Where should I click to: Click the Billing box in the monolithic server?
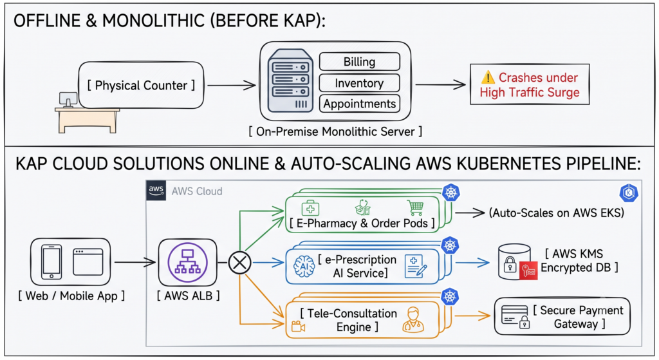pos(359,61)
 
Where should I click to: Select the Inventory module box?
pos(359,83)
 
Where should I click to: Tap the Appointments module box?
pos(359,104)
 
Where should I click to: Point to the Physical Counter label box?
pos(141,86)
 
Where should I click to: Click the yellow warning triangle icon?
pos(488,77)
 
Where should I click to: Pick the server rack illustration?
pos(290,81)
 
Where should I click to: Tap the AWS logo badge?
pos(156,191)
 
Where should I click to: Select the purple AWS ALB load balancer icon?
pos(187,262)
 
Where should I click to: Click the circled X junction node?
pos(239,263)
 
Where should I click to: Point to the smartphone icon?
pos(51,261)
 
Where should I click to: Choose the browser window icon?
pos(88,261)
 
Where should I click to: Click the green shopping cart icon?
pos(415,207)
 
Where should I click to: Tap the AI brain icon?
pos(304,267)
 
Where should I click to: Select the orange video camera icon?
pos(298,326)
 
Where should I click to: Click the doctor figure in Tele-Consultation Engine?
pos(413,319)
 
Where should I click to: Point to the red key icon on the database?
pos(528,271)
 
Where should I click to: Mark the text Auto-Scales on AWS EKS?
pos(557,213)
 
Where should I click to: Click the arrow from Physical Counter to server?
pos(232,86)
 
